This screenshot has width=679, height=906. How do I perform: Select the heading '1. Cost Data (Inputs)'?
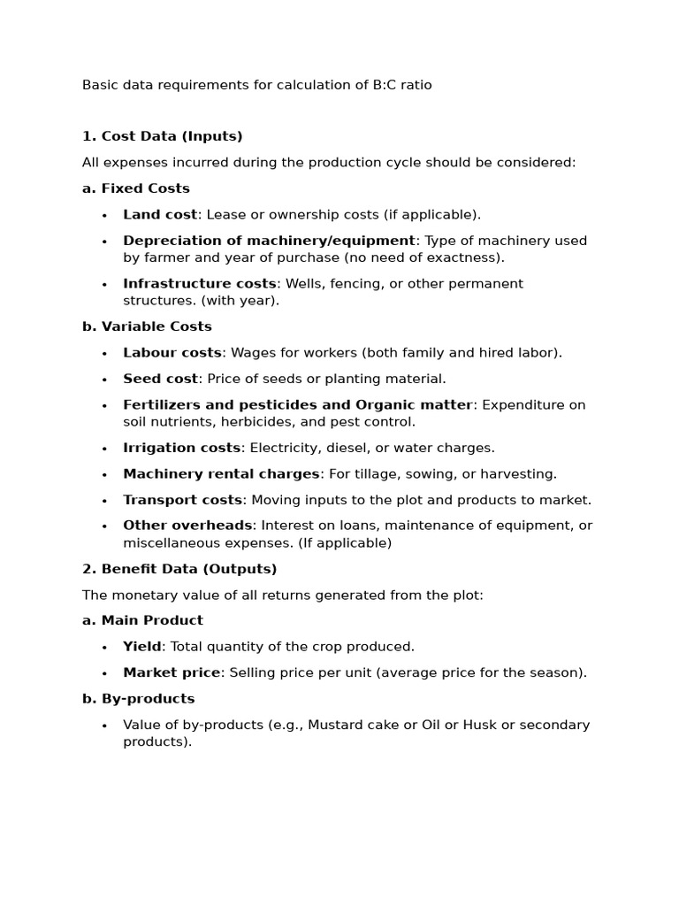coord(162,136)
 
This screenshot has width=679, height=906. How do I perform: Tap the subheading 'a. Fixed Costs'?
coord(135,188)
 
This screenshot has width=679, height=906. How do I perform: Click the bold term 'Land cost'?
coord(160,214)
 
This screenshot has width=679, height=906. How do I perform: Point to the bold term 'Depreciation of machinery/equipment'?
coord(269,241)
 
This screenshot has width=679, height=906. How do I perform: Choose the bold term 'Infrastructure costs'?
coord(200,284)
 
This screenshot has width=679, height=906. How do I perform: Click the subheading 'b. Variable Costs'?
coord(147,326)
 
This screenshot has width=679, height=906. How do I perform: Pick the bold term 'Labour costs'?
coord(172,353)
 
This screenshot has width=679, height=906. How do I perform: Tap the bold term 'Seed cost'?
coord(161,379)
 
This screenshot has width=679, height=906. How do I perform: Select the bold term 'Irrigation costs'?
coord(182,448)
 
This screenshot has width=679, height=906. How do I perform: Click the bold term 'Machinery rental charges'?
coord(221,474)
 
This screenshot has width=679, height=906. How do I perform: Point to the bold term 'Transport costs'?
coord(182,500)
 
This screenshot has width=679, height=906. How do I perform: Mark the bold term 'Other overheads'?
coord(188,526)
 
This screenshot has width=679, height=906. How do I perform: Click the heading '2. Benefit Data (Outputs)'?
coord(179,569)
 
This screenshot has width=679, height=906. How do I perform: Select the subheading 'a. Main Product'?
coord(142,621)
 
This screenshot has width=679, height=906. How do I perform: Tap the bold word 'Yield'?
coord(142,647)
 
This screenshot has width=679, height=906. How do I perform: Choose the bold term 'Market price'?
coord(172,672)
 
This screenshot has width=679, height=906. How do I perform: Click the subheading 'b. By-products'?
coord(138,699)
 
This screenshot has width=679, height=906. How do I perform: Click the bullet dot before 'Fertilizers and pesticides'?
coord(104,406)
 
